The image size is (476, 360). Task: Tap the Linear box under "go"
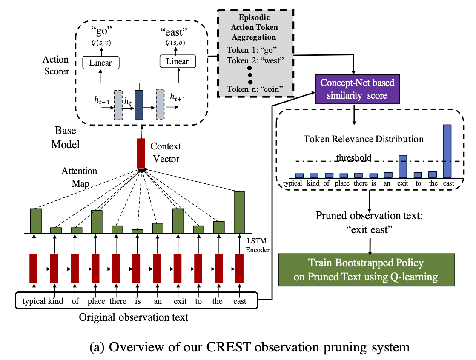coord(101,63)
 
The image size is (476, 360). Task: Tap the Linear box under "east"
coord(177,62)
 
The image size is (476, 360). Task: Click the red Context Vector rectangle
coord(141,153)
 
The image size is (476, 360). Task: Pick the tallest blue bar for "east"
coord(447,151)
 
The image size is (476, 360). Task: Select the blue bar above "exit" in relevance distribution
coord(402,166)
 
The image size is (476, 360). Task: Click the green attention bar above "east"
coord(239,212)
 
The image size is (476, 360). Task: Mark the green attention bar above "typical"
coord(36,220)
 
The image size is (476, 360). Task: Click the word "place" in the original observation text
coord(96,301)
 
